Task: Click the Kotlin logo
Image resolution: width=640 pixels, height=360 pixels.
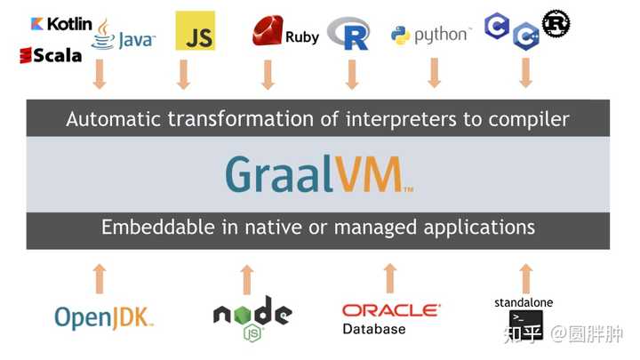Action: pos(60,23)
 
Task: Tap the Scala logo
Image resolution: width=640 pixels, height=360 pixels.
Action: pos(51,55)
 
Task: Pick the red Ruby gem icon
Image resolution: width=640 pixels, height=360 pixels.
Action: pos(268,31)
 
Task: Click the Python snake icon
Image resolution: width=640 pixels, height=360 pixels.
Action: pos(400,36)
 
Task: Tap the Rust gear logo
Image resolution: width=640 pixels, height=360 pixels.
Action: pos(556,22)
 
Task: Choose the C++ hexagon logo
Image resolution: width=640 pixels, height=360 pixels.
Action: pos(525,36)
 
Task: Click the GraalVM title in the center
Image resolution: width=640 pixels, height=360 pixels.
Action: pos(318,174)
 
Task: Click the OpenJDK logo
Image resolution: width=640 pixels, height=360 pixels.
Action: pos(104,316)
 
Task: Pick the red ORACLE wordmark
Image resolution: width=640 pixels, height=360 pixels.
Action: pos(390,310)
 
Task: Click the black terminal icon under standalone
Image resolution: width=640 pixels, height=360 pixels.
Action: pos(525,324)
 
